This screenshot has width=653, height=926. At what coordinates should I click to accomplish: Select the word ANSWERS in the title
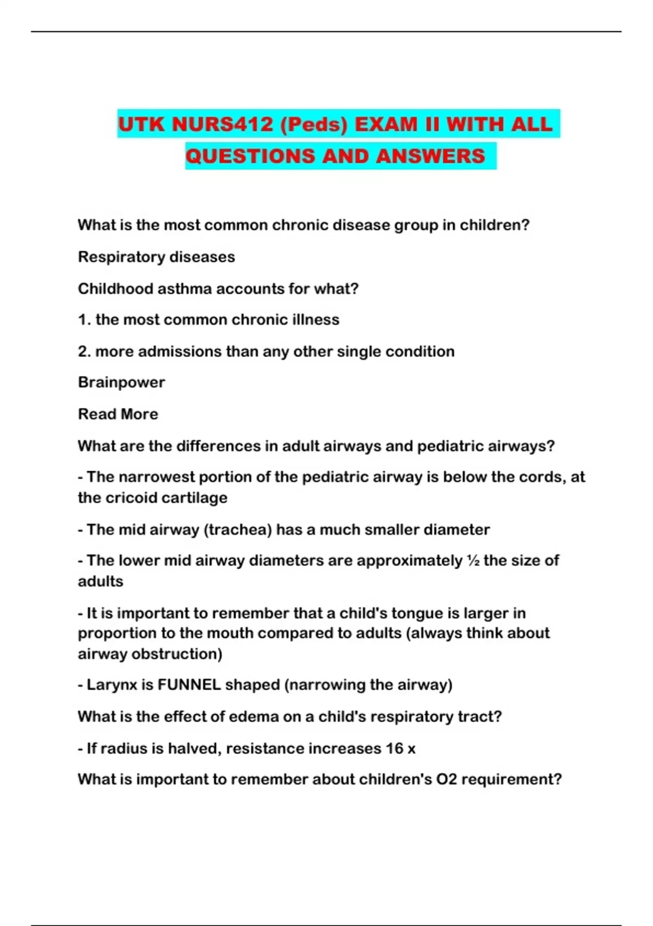[x=430, y=156]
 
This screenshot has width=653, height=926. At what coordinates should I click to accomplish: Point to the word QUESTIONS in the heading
[x=250, y=156]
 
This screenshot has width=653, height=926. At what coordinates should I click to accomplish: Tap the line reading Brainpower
[x=121, y=382]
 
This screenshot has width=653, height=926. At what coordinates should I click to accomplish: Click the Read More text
[x=118, y=414]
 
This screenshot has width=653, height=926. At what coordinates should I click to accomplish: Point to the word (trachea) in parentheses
[x=237, y=529]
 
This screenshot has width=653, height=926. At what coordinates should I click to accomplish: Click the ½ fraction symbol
[x=472, y=561]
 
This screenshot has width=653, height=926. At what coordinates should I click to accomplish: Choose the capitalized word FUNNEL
[x=189, y=685]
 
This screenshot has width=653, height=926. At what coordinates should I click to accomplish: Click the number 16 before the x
[x=395, y=748]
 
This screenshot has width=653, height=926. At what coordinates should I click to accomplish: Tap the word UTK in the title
[x=141, y=124]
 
